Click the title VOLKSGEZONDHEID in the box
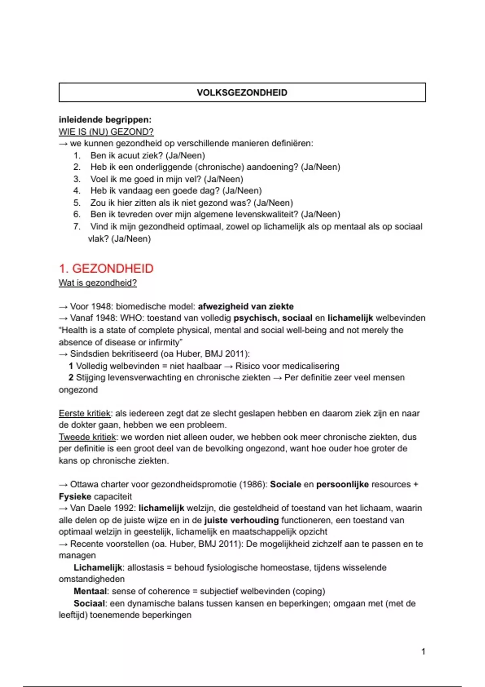click(x=242, y=93)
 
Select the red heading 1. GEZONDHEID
click(x=106, y=268)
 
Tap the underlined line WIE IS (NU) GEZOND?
click(x=106, y=132)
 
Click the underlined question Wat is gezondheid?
click(x=98, y=283)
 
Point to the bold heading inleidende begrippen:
click(x=105, y=120)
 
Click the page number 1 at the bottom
click(x=423, y=651)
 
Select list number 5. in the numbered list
click(x=77, y=203)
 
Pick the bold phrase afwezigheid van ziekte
click(x=246, y=306)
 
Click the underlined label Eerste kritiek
click(x=84, y=413)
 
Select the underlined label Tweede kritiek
click(x=87, y=437)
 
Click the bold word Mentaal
click(x=90, y=591)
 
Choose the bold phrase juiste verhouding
click(x=241, y=520)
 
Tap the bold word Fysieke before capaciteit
click(x=75, y=496)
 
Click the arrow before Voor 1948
click(x=63, y=307)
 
